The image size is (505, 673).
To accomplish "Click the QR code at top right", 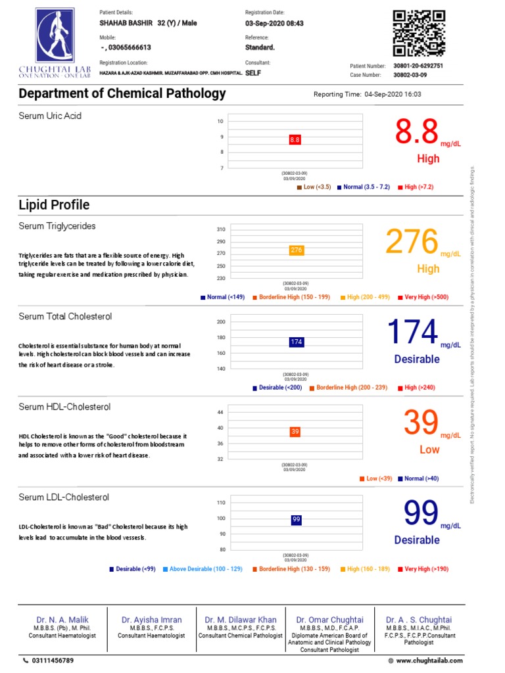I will (419, 34).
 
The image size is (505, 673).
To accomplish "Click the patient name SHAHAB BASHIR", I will (125, 24).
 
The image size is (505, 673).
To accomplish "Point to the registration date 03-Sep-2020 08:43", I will (274, 24).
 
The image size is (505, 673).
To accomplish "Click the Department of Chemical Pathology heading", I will (122, 93).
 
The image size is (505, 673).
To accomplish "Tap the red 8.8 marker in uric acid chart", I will (295, 140).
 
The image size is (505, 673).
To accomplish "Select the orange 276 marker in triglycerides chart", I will (296, 250).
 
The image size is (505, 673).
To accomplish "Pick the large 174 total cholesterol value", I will (412, 332).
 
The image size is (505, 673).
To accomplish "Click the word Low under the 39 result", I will (429, 450).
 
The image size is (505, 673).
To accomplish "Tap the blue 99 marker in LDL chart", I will (296, 520).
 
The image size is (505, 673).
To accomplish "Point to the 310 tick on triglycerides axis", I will (220, 229).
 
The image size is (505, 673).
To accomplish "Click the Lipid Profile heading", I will (54, 205).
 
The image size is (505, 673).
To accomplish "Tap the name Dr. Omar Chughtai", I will (329, 620).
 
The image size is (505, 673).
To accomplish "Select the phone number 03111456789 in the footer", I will (53, 661).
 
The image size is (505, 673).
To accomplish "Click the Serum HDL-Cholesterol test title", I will (64, 407).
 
